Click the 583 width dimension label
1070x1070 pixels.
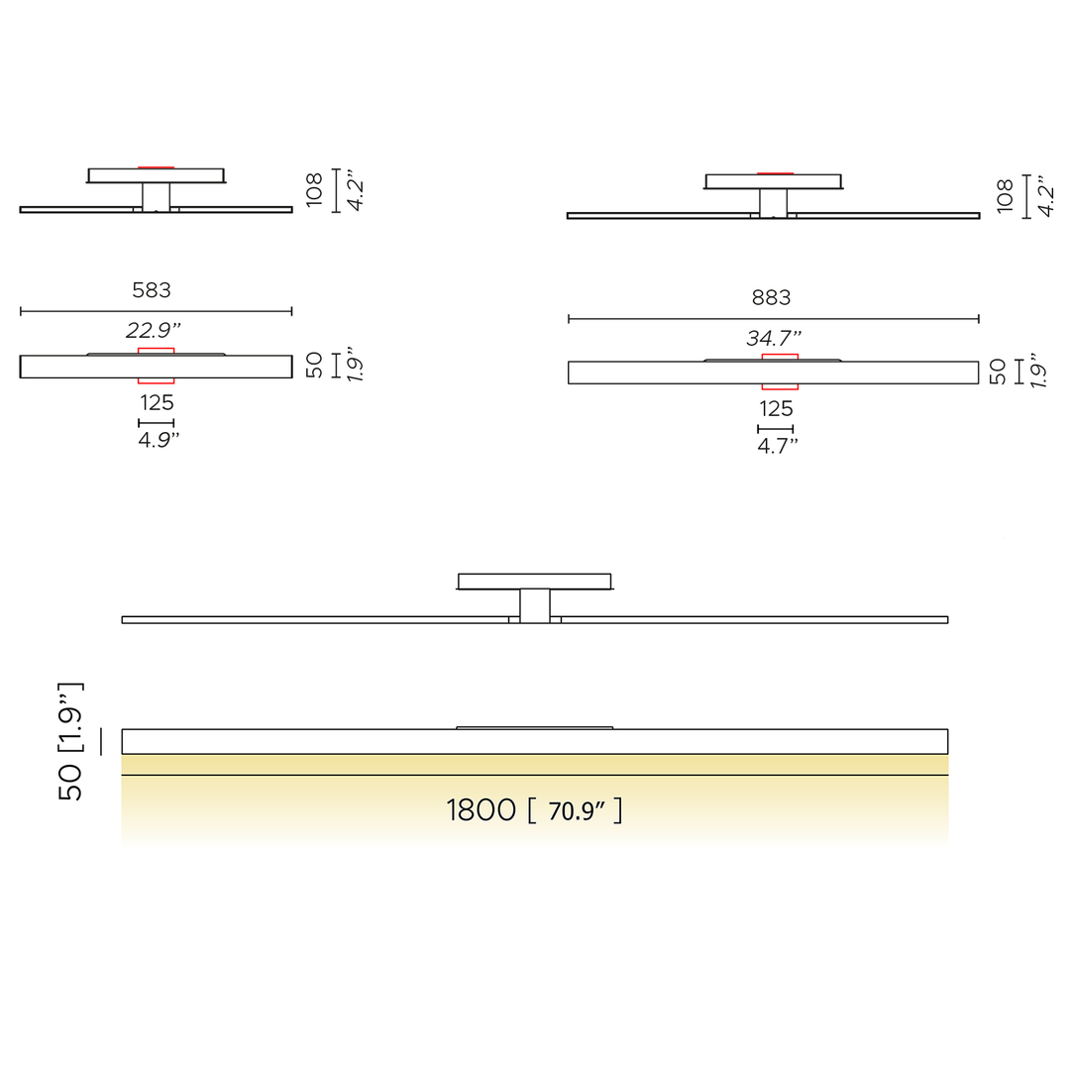152,290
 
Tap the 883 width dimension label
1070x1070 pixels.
771,297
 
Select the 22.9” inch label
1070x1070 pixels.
154,330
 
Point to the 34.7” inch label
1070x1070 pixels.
774,338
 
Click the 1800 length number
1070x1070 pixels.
481,810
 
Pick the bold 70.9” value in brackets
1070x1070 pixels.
577,810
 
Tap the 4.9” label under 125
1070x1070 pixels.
159,440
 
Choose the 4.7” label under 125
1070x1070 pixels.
778,446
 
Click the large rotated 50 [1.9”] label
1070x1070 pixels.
70,741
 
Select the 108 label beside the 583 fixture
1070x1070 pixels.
314,189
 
